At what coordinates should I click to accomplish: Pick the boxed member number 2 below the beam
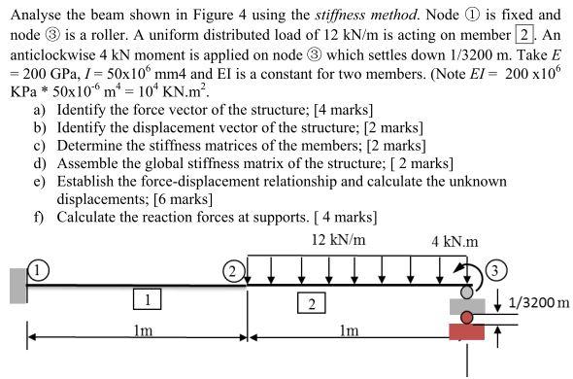pyautogui.click(x=310, y=303)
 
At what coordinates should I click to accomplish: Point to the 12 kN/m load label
pyautogui.click(x=338, y=239)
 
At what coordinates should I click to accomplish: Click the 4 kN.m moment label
pyautogui.click(x=455, y=241)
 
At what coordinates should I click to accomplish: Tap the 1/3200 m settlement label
pyautogui.click(x=538, y=302)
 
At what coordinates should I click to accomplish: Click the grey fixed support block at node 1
pyautogui.click(x=17, y=286)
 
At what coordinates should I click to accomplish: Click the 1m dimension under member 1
pyautogui.click(x=143, y=330)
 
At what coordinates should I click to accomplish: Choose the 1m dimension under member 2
pyautogui.click(x=348, y=330)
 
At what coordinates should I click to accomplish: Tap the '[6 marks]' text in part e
pyautogui.click(x=172, y=198)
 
